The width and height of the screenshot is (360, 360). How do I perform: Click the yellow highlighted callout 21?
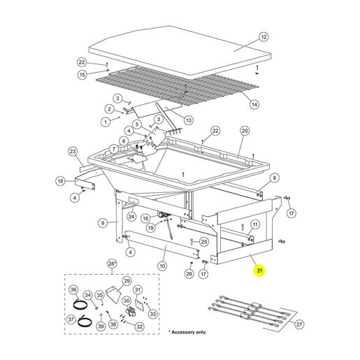tap(259, 271)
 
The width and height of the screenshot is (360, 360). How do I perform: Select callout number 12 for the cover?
tap(264, 37)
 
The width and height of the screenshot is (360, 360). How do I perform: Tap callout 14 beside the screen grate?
tap(254, 104)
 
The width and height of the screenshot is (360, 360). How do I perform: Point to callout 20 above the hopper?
tap(245, 131)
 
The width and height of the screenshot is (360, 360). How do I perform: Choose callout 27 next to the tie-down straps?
tap(299, 324)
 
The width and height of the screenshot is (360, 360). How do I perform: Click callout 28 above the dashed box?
tap(112, 264)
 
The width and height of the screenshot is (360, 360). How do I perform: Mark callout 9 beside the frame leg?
tap(103, 223)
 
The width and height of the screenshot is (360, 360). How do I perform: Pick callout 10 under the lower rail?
tap(162, 266)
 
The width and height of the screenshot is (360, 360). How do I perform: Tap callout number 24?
tap(131, 217)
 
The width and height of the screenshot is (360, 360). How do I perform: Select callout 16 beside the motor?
tap(145, 218)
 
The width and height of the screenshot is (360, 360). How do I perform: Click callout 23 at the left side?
tap(73, 152)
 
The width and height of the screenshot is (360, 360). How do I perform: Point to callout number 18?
tap(60, 181)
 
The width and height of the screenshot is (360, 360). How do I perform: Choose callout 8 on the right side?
tap(274, 178)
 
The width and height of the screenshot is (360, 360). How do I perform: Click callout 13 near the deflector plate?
tap(188, 120)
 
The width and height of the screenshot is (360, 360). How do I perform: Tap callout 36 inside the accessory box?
tap(73, 289)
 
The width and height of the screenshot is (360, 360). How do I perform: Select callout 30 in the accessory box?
tap(127, 301)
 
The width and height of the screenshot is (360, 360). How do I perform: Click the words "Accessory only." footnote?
tap(189, 332)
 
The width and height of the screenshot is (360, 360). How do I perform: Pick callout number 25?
tap(204, 242)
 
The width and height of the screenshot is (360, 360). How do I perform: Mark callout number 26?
tap(189, 273)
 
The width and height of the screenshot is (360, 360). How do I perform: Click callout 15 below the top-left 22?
tap(82, 75)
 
